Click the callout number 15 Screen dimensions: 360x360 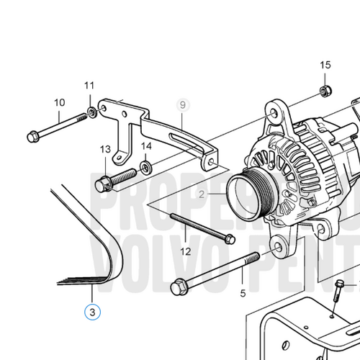pyautogui.click(x=325, y=66)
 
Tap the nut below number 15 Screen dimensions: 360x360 pyautogui.click(x=323, y=90)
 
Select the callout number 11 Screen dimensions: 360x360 pyautogui.click(x=90, y=86)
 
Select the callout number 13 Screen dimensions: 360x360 pyautogui.click(x=105, y=148)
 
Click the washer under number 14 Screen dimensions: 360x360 pyautogui.click(x=147, y=168)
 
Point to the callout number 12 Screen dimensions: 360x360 pyautogui.click(x=186, y=251)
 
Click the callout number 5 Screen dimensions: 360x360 pyautogui.click(x=243, y=293)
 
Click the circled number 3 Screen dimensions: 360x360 pyautogui.click(x=92, y=312)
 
